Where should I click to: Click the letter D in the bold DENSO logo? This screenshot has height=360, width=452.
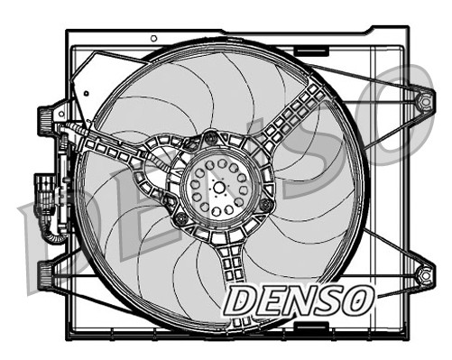(243, 302)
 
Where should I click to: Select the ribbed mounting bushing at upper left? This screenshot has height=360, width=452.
(42, 118)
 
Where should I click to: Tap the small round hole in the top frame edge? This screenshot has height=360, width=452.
(153, 38)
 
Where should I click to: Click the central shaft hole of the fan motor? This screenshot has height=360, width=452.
(219, 185)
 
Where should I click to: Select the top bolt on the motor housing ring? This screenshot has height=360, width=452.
(211, 138)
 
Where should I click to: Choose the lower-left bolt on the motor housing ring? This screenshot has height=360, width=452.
(181, 220)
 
